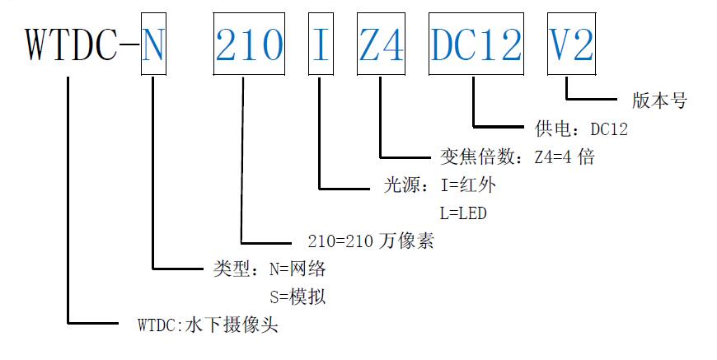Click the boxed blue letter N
click(x=153, y=44)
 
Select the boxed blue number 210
click(x=249, y=44)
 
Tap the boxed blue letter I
click(x=320, y=44)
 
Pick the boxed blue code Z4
click(x=382, y=44)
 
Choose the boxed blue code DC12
click(x=476, y=44)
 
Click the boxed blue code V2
click(x=572, y=44)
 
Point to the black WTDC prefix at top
click(x=72, y=44)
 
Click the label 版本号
click(x=659, y=101)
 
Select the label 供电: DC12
click(x=581, y=129)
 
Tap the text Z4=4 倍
click(x=565, y=157)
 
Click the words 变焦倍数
click(x=477, y=157)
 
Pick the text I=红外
click(x=468, y=185)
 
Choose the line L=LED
click(x=463, y=213)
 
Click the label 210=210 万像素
click(x=371, y=241)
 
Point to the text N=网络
click(x=298, y=269)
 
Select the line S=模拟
click(x=298, y=297)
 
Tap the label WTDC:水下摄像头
click(x=208, y=325)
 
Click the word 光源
click(x=402, y=185)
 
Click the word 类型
click(x=232, y=269)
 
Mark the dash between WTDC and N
click(x=129, y=44)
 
